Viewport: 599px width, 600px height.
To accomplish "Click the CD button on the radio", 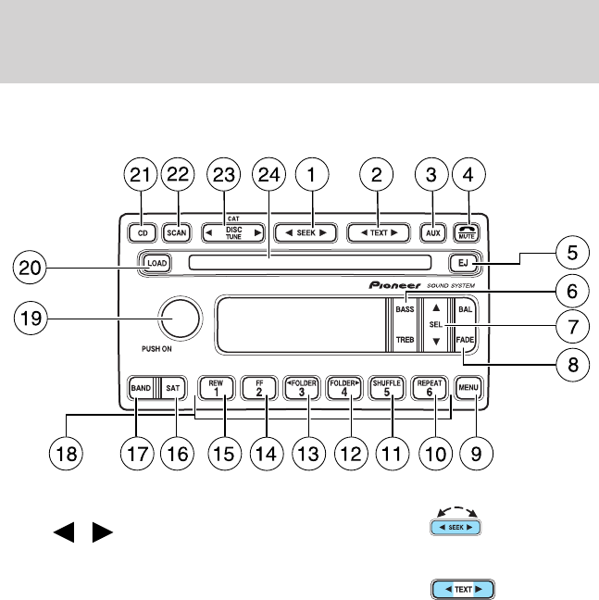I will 141,232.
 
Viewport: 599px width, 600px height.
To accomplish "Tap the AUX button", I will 432,232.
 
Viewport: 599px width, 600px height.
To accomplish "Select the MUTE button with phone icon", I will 468,232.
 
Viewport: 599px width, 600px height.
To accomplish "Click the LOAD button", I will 156,263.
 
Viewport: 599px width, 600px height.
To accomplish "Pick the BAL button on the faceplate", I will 465,308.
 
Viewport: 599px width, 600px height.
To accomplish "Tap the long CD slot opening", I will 309,263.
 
